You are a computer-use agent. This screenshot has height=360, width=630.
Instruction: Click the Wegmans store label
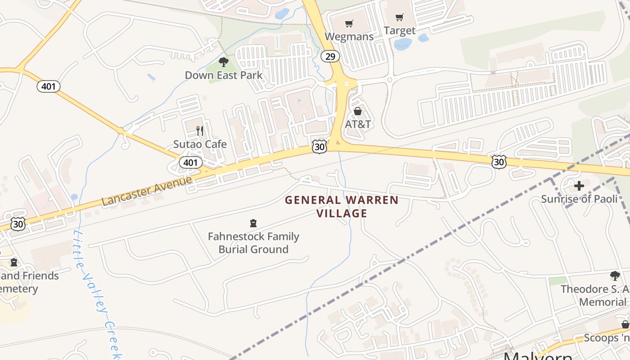(349, 36)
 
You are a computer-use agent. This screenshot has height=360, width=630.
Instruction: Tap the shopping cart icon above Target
(399, 18)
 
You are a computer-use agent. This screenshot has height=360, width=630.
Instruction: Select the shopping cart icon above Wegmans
(349, 23)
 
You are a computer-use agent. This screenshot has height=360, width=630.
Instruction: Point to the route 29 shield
(330, 56)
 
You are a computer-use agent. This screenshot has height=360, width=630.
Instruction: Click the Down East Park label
(224, 75)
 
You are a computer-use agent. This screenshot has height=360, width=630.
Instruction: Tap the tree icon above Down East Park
(223, 62)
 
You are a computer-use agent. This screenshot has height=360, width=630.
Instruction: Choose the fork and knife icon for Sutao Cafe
(200, 131)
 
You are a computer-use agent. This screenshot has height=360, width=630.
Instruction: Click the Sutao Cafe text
(200, 144)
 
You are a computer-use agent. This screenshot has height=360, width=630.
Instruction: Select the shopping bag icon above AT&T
(358, 111)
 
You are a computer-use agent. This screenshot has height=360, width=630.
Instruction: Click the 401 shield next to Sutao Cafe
(190, 162)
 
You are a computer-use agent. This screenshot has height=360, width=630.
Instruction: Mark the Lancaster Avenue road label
(147, 190)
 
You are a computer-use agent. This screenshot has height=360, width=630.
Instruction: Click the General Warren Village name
(342, 207)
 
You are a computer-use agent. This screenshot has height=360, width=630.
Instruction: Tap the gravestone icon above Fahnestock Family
(253, 223)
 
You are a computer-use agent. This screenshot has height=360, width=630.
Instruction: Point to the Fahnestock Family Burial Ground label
(253, 243)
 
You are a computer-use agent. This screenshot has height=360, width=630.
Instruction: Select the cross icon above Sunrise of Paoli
(579, 185)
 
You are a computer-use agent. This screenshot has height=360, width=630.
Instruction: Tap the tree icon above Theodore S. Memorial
(615, 275)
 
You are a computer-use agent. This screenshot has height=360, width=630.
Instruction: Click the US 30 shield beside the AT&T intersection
(319, 146)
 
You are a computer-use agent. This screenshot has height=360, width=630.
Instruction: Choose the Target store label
(400, 31)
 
